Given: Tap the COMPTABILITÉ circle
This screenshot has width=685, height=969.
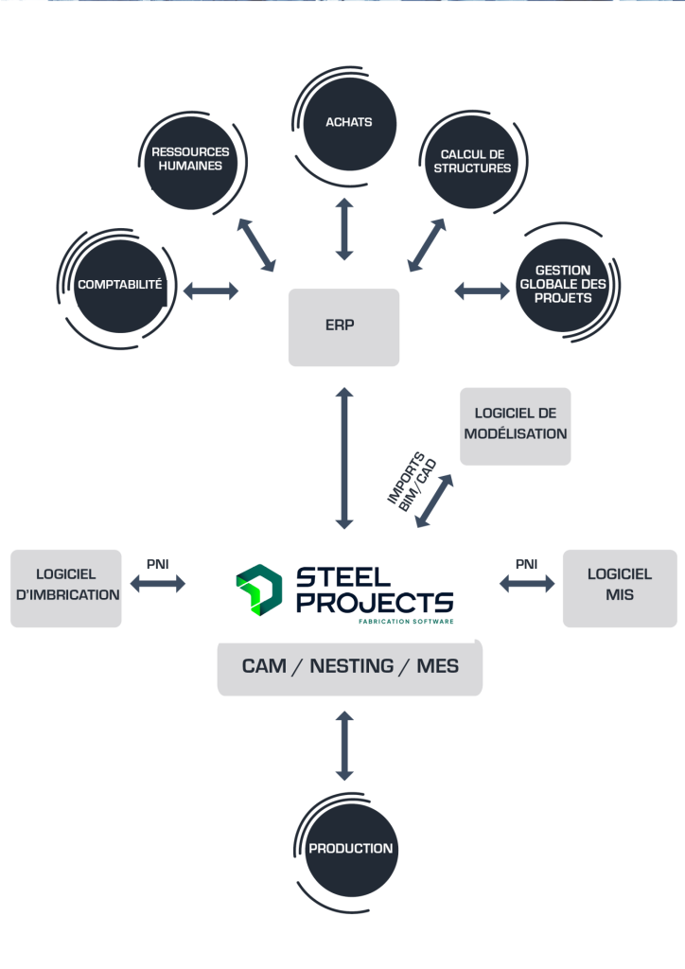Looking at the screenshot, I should pyautogui.click(x=121, y=284).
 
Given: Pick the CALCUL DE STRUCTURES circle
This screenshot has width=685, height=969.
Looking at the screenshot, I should pyautogui.click(x=476, y=161).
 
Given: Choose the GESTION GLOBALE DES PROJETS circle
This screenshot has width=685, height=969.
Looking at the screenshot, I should pyautogui.click(x=556, y=285).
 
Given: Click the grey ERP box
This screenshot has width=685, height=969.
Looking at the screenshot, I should pyautogui.click(x=343, y=326).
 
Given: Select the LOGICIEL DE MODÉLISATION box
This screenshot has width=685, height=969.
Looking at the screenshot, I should pyautogui.click(x=516, y=425).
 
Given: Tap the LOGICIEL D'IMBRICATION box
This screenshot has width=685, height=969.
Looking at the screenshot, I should pyautogui.click(x=66, y=587).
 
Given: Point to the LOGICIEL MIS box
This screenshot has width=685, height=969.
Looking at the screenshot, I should pyautogui.click(x=620, y=587).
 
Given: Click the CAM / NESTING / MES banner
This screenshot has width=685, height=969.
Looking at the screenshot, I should pyautogui.click(x=350, y=665).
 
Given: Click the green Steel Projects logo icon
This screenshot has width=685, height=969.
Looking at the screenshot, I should pyautogui.click(x=258, y=588).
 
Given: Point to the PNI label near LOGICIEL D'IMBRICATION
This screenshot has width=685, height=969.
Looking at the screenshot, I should pyautogui.click(x=158, y=563).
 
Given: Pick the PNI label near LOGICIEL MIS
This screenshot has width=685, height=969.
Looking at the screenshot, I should pyautogui.click(x=526, y=563).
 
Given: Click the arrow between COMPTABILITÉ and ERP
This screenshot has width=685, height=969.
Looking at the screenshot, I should pyautogui.click(x=210, y=291).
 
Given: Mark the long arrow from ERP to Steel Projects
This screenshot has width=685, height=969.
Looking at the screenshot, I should pyautogui.click(x=343, y=456).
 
